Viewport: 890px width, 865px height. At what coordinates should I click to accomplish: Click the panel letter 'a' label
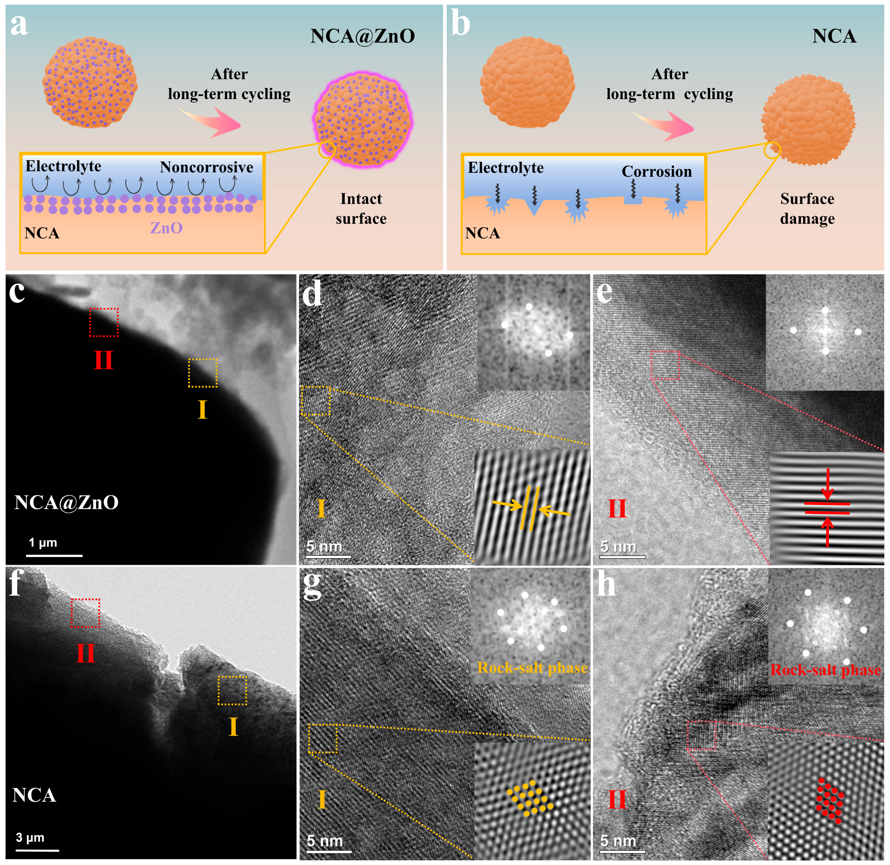tap(19, 25)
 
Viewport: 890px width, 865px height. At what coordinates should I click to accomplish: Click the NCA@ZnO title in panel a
tap(362, 36)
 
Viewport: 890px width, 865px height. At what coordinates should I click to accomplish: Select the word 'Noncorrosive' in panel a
tap(206, 167)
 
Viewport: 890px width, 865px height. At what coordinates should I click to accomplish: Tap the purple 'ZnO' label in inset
tap(166, 228)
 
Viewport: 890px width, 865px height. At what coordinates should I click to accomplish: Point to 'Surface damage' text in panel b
tap(807, 209)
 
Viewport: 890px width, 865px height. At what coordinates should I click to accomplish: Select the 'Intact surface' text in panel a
tap(362, 209)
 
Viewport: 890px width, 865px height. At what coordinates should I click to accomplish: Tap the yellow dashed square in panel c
tap(203, 373)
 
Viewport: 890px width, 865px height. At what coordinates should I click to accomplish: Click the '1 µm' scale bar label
tap(43, 542)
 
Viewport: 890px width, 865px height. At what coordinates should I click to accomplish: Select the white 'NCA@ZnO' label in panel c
tap(66, 503)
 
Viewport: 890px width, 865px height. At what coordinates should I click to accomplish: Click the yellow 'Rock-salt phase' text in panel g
tap(532, 667)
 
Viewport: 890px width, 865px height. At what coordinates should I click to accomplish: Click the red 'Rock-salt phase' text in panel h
tap(825, 669)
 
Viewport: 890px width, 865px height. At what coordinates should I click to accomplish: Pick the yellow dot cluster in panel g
tap(529, 798)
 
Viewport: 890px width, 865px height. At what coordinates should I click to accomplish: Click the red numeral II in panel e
tap(617, 508)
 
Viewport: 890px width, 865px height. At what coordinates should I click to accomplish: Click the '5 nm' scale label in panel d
tap(324, 546)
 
